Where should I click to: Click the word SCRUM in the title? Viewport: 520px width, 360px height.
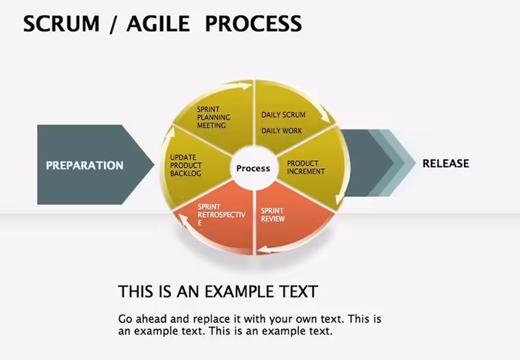(x=62, y=23)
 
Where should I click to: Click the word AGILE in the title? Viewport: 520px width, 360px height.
(x=158, y=23)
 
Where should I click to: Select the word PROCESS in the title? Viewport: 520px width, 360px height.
(x=254, y=23)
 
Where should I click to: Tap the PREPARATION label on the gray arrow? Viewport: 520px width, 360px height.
(x=85, y=165)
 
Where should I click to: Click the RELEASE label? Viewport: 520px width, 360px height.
(x=445, y=164)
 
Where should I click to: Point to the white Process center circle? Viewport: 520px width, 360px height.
(x=253, y=168)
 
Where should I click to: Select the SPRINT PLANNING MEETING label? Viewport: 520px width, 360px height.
(x=213, y=118)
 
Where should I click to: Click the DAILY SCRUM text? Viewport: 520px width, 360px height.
(x=283, y=115)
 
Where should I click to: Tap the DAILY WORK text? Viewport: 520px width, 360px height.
(x=282, y=131)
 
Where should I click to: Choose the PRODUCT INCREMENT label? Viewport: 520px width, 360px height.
(x=306, y=168)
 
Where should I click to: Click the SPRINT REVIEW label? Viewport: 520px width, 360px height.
(x=272, y=215)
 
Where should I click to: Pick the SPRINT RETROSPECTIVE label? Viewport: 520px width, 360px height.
(x=221, y=215)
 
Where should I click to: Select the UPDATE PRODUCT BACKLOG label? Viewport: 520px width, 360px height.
(x=185, y=165)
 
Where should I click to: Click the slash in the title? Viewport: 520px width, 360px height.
(x=113, y=24)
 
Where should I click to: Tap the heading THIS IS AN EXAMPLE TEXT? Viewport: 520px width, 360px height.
(x=218, y=292)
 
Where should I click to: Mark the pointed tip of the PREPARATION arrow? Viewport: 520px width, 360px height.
(x=154, y=164)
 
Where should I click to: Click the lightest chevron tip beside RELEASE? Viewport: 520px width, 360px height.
(x=415, y=163)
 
